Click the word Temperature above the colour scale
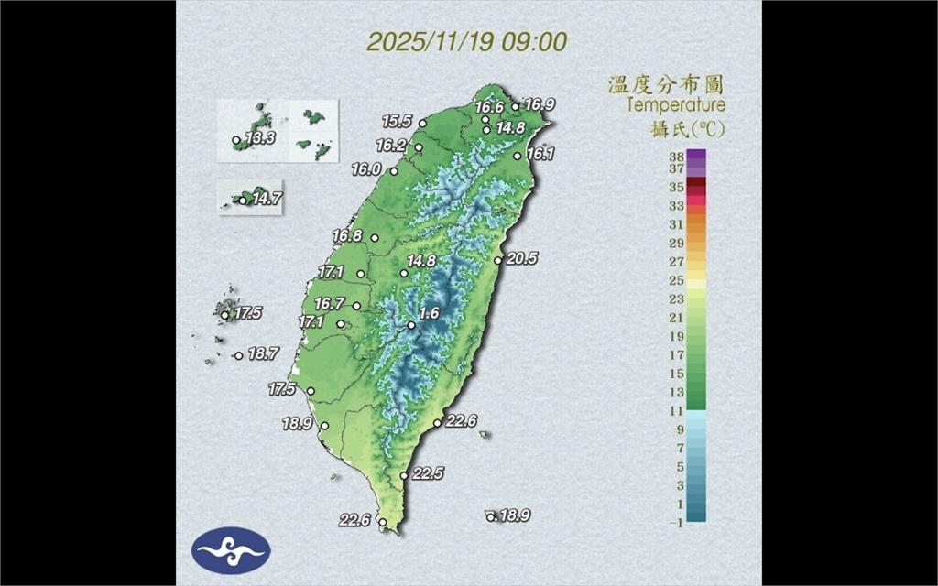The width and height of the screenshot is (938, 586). click(x=676, y=105)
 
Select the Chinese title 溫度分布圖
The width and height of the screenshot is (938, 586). click(x=667, y=85)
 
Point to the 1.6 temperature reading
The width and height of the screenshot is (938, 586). click(x=429, y=313)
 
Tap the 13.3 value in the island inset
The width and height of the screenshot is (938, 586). click(x=261, y=139)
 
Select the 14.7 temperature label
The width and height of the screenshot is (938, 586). click(x=267, y=198)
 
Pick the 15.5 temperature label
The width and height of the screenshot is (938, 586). click(x=398, y=121)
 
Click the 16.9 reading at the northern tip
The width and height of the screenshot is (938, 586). click(x=540, y=104)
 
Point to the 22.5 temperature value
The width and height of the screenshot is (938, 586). click(x=428, y=473)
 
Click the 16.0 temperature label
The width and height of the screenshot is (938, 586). click(x=366, y=169)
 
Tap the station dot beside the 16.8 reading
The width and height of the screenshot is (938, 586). click(x=374, y=238)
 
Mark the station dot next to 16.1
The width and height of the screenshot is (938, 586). click(x=518, y=156)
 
